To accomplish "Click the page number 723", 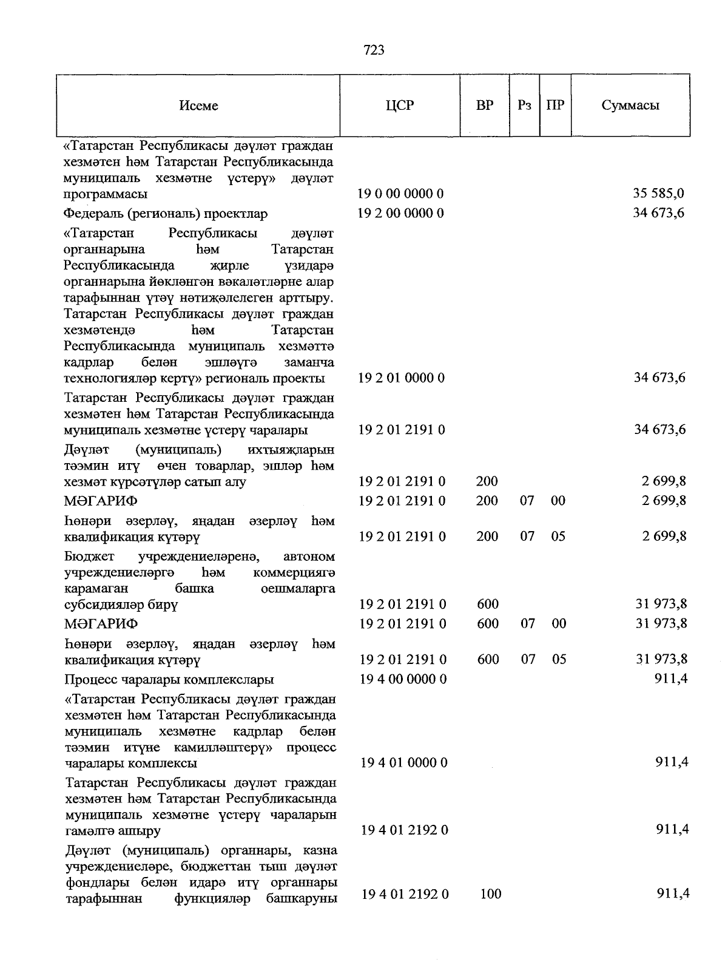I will pyautogui.click(x=374, y=50).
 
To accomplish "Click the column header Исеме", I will pyautogui.click(x=198, y=106).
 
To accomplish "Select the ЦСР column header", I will pyautogui.click(x=399, y=106).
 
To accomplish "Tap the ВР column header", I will pyautogui.click(x=485, y=105).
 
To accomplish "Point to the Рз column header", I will pyautogui.click(x=525, y=105).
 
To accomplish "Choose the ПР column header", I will pyautogui.click(x=555, y=105).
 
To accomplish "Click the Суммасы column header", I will pyautogui.click(x=630, y=105).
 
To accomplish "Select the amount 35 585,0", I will pyautogui.click(x=658, y=194).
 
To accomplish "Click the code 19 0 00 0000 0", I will pyautogui.click(x=400, y=194).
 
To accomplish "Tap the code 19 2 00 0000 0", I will pyautogui.click(x=400, y=213).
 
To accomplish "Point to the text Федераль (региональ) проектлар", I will pyautogui.click(x=166, y=214).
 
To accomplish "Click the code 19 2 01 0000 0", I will pyautogui.click(x=401, y=378).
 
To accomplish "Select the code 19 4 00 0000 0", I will pyautogui.click(x=403, y=679).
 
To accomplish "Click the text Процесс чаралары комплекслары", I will pyautogui.click(x=169, y=679).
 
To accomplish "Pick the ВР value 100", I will pyautogui.click(x=490, y=894).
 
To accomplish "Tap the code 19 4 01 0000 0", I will pyautogui.click(x=403, y=763).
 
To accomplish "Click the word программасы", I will pyautogui.click(x=105, y=194).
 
